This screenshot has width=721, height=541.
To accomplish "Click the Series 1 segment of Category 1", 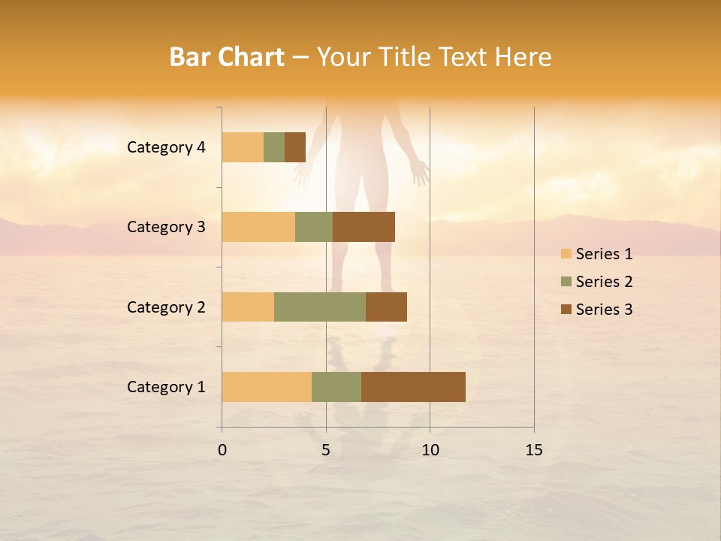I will coord(267,387).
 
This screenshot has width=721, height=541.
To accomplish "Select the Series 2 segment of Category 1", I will coord(336,387).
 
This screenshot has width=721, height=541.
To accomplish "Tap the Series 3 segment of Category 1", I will coord(413,387).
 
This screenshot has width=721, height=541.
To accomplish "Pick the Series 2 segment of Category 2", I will coord(320,307).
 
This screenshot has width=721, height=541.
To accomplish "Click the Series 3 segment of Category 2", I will coord(386,307).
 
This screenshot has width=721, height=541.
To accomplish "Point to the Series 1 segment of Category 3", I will coord(258,227).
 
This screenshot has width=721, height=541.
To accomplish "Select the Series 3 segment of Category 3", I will coord(364,227).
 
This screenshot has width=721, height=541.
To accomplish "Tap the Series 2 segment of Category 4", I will coord(274,147).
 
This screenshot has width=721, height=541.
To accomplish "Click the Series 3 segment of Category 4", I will coord(295,147).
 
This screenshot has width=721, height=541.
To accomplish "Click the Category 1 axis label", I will coord(166,387).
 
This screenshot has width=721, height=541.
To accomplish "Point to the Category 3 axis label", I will coord(166,227).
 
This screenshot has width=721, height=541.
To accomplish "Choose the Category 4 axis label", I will coord(166,147).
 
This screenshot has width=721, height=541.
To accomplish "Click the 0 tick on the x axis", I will coord(222,450).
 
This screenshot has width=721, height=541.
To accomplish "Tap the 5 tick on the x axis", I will coord(326,450).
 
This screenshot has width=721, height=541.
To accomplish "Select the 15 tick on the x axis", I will coord(533,450).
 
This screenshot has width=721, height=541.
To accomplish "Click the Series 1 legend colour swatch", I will coord(566,254).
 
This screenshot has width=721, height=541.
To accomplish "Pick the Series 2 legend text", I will coord(604,282).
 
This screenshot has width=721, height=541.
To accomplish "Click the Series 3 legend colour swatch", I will coord(566,310).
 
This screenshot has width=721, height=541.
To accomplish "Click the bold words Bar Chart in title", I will coord(227,57).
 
